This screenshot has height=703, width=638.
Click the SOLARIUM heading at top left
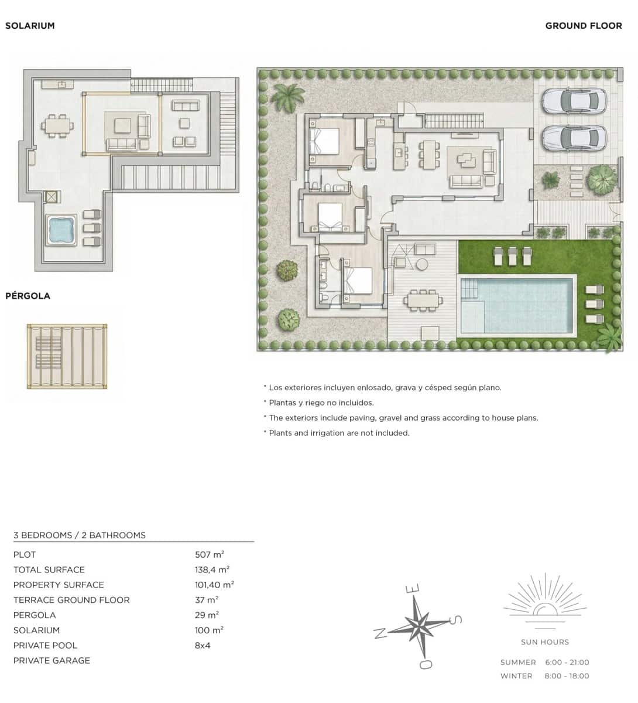tap(30, 26)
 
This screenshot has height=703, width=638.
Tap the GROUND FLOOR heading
tap(583, 26)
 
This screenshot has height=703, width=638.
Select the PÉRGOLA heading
tap(28, 296)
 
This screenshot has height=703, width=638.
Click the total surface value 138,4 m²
tap(212, 569)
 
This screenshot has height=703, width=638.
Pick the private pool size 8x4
tap(203, 646)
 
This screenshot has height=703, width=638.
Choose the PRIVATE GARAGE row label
tap(52, 661)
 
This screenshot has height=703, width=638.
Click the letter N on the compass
tap(380, 633)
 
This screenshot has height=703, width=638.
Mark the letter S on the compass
tap(456, 619)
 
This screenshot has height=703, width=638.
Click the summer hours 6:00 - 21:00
tap(567, 663)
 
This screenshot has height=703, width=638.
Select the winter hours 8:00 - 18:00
tap(567, 676)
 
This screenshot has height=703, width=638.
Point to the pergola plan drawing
tap(67, 356)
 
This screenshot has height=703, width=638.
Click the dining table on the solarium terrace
tap(57, 125)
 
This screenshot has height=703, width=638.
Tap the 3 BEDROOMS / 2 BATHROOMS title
tap(80, 535)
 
